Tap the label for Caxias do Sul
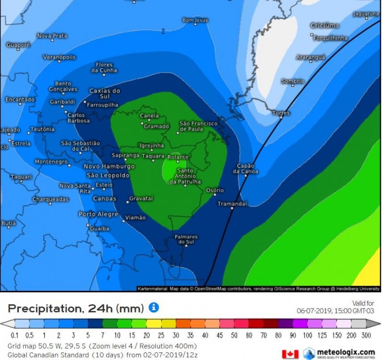click(x=105, y=94)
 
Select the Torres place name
click(x=281, y=113)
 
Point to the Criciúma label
click(x=325, y=25)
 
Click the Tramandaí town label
click(x=232, y=204)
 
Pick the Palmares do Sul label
click(x=186, y=240)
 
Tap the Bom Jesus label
click(x=195, y=20)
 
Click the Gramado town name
click(x=157, y=127)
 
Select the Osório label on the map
click(x=215, y=191)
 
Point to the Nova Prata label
click(x=52, y=36)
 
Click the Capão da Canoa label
click(x=246, y=168)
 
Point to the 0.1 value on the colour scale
click(x=14, y=335)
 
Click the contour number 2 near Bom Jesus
click(x=163, y=31)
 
